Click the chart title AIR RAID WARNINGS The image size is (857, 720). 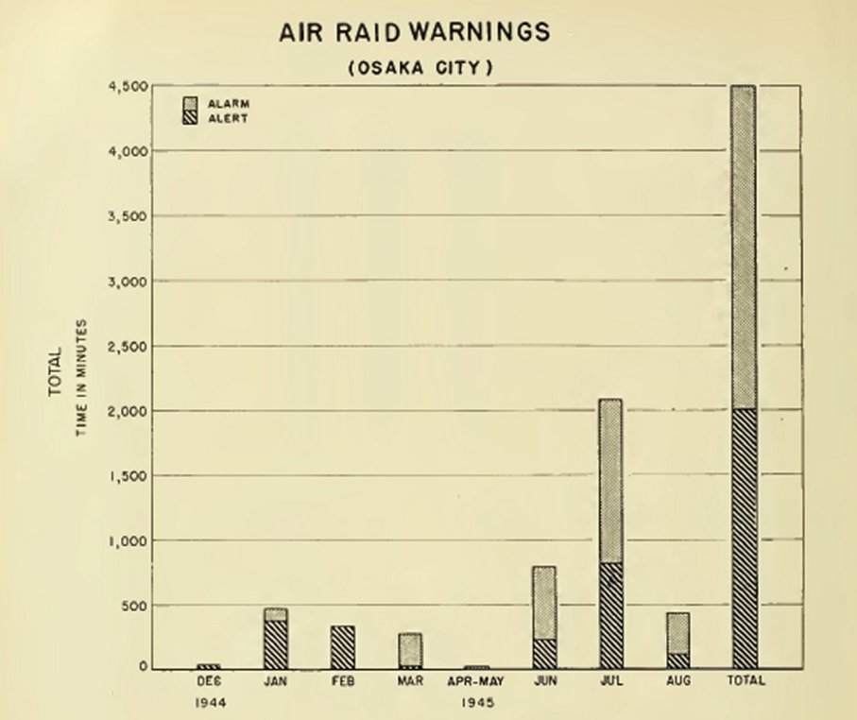coord(414,32)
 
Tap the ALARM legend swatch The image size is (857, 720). coord(188,103)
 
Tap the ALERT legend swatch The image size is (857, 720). coord(188,118)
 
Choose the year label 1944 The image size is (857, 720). coord(209,703)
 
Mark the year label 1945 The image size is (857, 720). coord(476,703)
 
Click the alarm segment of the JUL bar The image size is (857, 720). coord(609,481)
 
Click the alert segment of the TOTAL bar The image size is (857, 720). coord(744,539)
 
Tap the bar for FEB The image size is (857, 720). coord(343,647)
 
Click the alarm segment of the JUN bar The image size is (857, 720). coord(543,603)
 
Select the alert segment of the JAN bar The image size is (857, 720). coord(276,644)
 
